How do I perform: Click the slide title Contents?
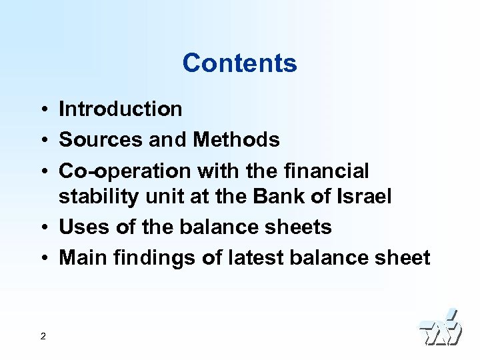click(x=239, y=63)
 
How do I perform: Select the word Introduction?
click(x=121, y=109)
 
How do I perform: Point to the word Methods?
click(x=236, y=140)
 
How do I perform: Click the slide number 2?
click(x=43, y=336)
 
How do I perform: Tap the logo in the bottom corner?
click(x=440, y=328)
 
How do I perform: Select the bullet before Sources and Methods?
click(x=42, y=141)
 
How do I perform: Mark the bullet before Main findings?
click(x=42, y=258)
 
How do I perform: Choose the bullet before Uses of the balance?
click(x=42, y=228)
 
